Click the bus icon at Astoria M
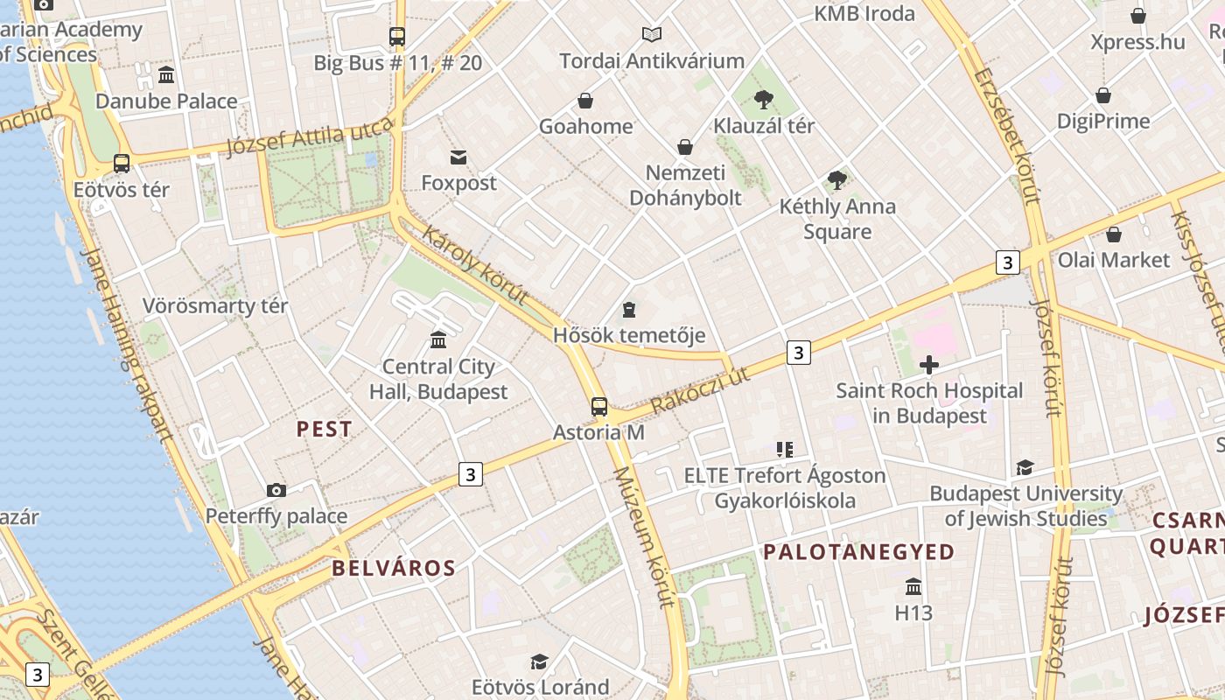click(599, 406)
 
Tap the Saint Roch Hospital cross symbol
click(929, 364)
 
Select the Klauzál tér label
click(764, 125)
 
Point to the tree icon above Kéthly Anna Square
click(837, 180)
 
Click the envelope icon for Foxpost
click(458, 157)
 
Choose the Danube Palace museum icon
click(166, 74)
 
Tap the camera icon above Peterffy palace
click(276, 490)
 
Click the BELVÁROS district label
click(394, 568)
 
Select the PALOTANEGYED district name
click(858, 551)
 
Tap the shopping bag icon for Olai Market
click(1114, 234)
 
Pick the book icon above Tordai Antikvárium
click(652, 35)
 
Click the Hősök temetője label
click(629, 335)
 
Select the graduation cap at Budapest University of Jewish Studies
click(1025, 468)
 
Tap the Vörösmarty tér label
click(215, 306)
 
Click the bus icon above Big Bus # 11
click(397, 37)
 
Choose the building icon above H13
click(913, 586)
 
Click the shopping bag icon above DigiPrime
click(1103, 94)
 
